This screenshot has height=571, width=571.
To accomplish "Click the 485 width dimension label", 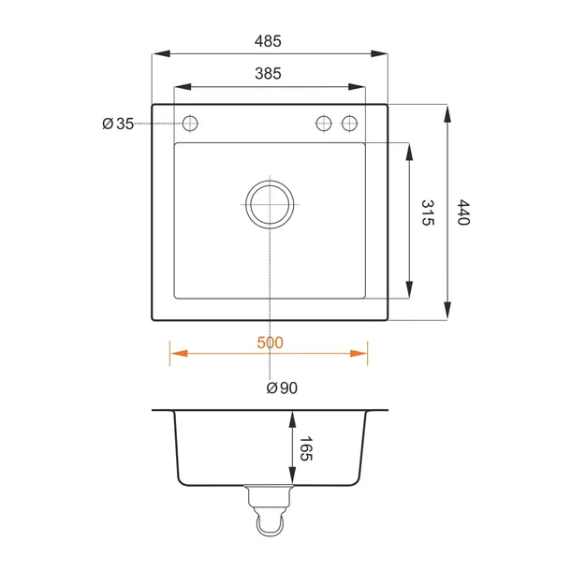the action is pos(268,41).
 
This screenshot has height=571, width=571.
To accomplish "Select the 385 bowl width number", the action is pos(268,74).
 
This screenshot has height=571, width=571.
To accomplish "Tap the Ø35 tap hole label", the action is pos(118,124).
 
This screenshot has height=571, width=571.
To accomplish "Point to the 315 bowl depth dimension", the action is pos(428,212).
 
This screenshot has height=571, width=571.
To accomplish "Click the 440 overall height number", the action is pos(463,212).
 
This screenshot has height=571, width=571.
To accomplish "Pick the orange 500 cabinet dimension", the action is pos(270,343).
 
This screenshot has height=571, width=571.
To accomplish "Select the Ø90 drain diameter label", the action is pos(282,388).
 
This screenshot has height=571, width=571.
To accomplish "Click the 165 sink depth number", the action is pos(306,448).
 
